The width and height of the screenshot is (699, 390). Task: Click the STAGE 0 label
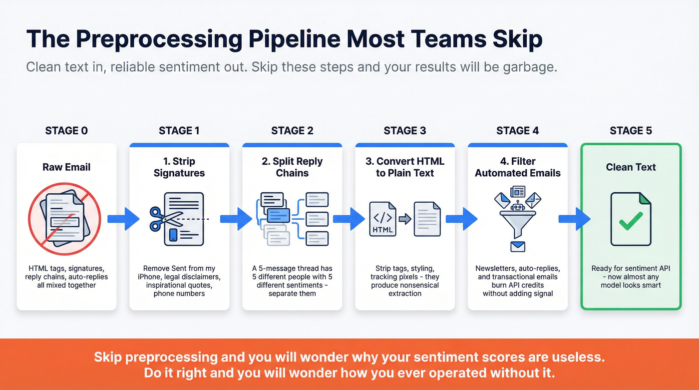(66, 131)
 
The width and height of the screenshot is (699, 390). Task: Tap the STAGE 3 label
(405, 131)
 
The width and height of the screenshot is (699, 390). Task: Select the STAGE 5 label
(631, 131)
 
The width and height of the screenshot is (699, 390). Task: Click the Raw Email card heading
(66, 167)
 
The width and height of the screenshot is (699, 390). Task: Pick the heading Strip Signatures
(179, 167)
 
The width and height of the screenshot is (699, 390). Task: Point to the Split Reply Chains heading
(292, 167)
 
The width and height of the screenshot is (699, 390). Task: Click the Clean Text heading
(631, 167)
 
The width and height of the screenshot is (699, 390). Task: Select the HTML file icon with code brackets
(382, 219)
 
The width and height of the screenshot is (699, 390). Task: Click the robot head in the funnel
(518, 206)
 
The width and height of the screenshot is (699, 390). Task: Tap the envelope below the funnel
(518, 246)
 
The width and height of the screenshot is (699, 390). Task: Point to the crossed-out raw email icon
(65, 219)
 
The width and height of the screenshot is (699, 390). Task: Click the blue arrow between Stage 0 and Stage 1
(123, 219)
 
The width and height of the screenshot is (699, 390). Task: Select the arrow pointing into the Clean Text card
(574, 219)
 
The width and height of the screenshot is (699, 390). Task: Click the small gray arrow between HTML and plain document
(404, 219)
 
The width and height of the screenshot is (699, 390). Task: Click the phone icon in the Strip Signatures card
(174, 235)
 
